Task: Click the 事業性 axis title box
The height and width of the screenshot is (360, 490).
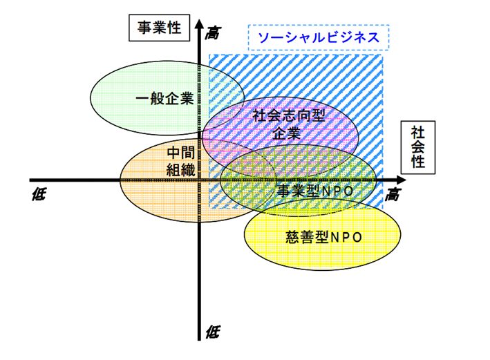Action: coord(158,28)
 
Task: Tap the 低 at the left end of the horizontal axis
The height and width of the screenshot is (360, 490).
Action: coord(39,195)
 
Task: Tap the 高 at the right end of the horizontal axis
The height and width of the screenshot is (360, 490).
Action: coord(393,195)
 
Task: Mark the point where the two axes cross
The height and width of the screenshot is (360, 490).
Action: coord(199,181)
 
